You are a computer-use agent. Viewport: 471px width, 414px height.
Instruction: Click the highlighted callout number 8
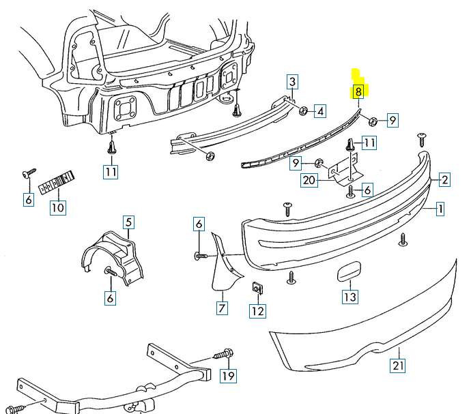click(358, 91)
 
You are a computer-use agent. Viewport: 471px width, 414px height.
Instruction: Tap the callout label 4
click(320, 110)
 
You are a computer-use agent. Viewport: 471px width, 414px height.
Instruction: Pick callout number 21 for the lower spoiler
click(398, 366)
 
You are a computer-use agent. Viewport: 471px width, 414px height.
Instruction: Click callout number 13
click(349, 297)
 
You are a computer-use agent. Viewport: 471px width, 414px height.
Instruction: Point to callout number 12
click(257, 311)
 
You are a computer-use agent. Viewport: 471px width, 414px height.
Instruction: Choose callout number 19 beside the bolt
click(227, 375)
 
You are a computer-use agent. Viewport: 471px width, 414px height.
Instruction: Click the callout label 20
click(309, 180)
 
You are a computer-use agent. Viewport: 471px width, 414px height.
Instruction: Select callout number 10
click(57, 207)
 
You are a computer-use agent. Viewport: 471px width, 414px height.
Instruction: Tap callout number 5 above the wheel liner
click(128, 222)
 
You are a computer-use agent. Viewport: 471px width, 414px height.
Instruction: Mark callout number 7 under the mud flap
click(222, 308)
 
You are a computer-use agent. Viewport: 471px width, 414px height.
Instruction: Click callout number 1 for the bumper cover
click(440, 209)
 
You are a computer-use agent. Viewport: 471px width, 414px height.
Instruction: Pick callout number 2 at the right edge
click(444, 180)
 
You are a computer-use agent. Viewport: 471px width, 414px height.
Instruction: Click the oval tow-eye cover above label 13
click(347, 272)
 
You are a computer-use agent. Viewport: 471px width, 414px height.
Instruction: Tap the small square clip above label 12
click(258, 287)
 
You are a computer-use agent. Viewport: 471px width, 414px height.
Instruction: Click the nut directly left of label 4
click(302, 110)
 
